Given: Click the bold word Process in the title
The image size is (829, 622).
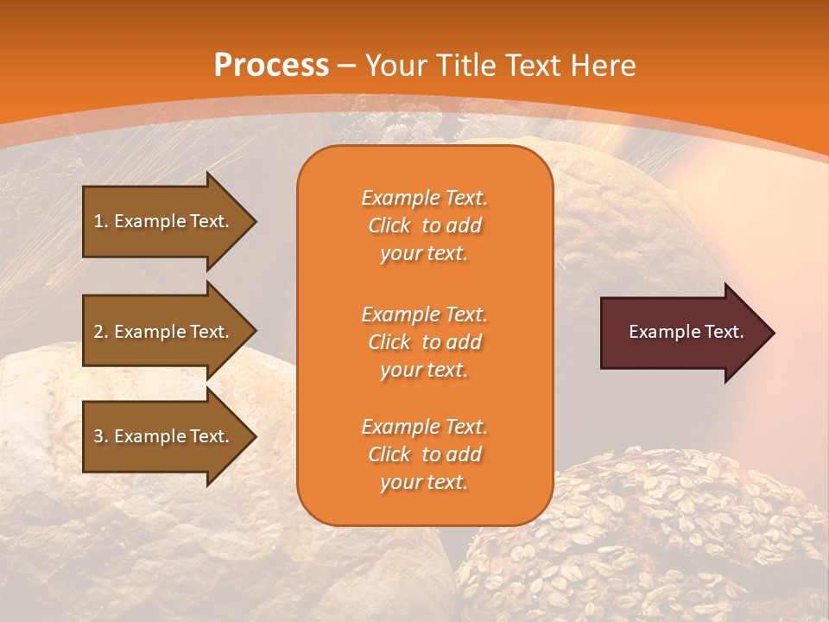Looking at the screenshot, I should coord(271,66).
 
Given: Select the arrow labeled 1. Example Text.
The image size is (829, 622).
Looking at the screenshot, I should coord(164,221).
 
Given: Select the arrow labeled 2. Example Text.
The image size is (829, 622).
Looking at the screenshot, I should coord(164,332).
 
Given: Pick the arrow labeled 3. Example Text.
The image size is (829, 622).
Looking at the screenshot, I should coord(164,436).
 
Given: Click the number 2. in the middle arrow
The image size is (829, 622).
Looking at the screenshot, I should coord(101,332).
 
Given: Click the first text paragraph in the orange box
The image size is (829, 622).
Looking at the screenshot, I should coord(424,225).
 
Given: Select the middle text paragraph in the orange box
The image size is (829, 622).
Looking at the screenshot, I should coord(424,342).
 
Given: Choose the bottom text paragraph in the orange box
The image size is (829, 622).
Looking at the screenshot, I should coord(424,454).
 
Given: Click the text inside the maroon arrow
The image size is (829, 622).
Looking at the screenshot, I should coord(686,332).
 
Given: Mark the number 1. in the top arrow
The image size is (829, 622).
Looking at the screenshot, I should coord(101,221).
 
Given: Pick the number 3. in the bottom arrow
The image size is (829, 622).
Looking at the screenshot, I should coord(101,436).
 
